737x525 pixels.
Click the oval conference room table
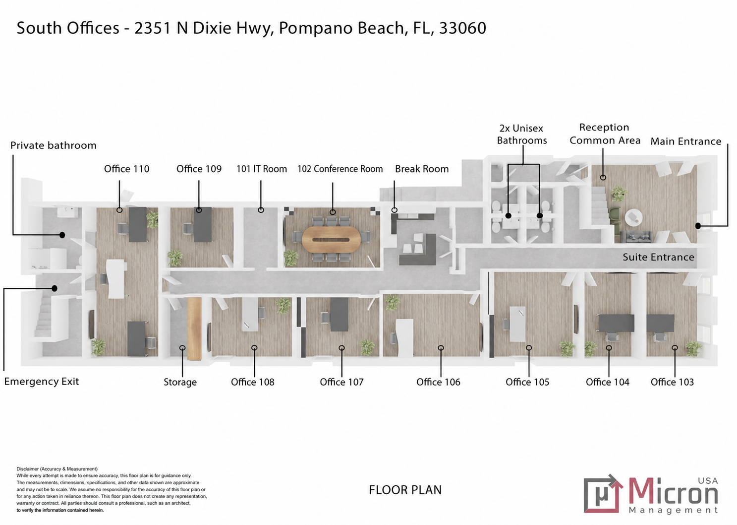[331, 240]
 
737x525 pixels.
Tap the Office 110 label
[127, 169]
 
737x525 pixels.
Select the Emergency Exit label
[42, 382]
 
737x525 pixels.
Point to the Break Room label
[422, 169]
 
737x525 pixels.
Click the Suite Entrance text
[658, 257]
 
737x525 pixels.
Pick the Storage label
[180, 382]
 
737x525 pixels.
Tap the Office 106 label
[438, 382]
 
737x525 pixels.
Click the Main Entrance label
[685, 141]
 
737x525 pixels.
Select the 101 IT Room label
[262, 169]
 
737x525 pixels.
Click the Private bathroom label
[54, 145]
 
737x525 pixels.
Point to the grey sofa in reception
[635, 237]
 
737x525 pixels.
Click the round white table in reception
[634, 217]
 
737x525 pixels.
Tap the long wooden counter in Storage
[194, 328]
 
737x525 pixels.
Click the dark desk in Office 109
[203, 225]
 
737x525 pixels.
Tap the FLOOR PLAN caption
[405, 490]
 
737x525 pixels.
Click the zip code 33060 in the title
[462, 28]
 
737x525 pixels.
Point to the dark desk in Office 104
[616, 323]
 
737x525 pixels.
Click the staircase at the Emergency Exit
[45, 316]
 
